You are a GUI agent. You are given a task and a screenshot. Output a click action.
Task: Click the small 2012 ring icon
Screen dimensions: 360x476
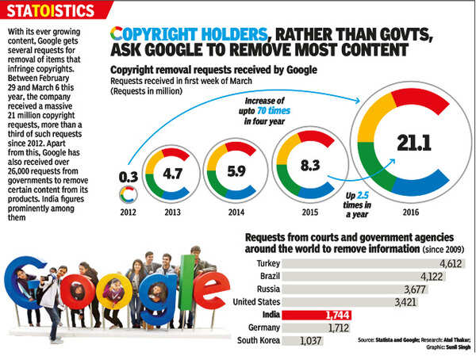pos(125,194)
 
